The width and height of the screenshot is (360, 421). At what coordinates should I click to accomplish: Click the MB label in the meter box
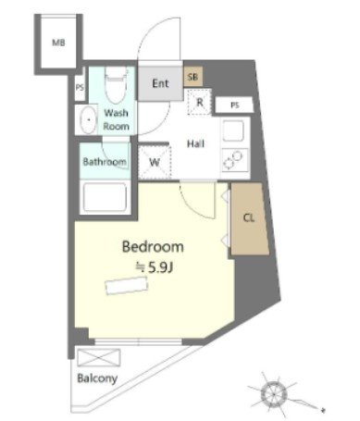[58, 43]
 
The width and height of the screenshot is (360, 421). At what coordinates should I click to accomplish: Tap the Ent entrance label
[160, 83]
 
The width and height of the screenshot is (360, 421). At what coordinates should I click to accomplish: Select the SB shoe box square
[193, 76]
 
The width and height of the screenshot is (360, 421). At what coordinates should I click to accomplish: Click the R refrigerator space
[200, 102]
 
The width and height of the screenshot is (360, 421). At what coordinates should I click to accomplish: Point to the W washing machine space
[155, 162]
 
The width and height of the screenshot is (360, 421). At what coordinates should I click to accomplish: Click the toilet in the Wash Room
[116, 85]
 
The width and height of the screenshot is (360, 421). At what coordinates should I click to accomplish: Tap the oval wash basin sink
[89, 120]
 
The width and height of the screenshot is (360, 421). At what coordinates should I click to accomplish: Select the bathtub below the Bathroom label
[105, 197]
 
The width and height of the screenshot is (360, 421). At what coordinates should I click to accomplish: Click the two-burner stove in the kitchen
[235, 160]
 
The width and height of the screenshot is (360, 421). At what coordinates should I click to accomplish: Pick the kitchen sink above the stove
[233, 130]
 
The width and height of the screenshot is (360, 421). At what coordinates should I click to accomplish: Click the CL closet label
[249, 218]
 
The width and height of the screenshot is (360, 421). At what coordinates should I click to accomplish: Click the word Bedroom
[153, 247]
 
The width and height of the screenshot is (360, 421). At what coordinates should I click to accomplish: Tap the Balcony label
[97, 378]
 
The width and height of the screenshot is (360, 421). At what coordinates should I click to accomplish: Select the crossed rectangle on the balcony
[99, 358]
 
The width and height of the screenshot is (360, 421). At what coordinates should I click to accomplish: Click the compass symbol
[274, 394]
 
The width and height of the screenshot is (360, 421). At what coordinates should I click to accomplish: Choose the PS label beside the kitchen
[235, 105]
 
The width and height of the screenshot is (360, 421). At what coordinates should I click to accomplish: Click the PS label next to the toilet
[80, 87]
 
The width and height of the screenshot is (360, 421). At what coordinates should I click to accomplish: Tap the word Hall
[196, 143]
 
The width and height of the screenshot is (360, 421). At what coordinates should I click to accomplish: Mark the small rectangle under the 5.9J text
[127, 286]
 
